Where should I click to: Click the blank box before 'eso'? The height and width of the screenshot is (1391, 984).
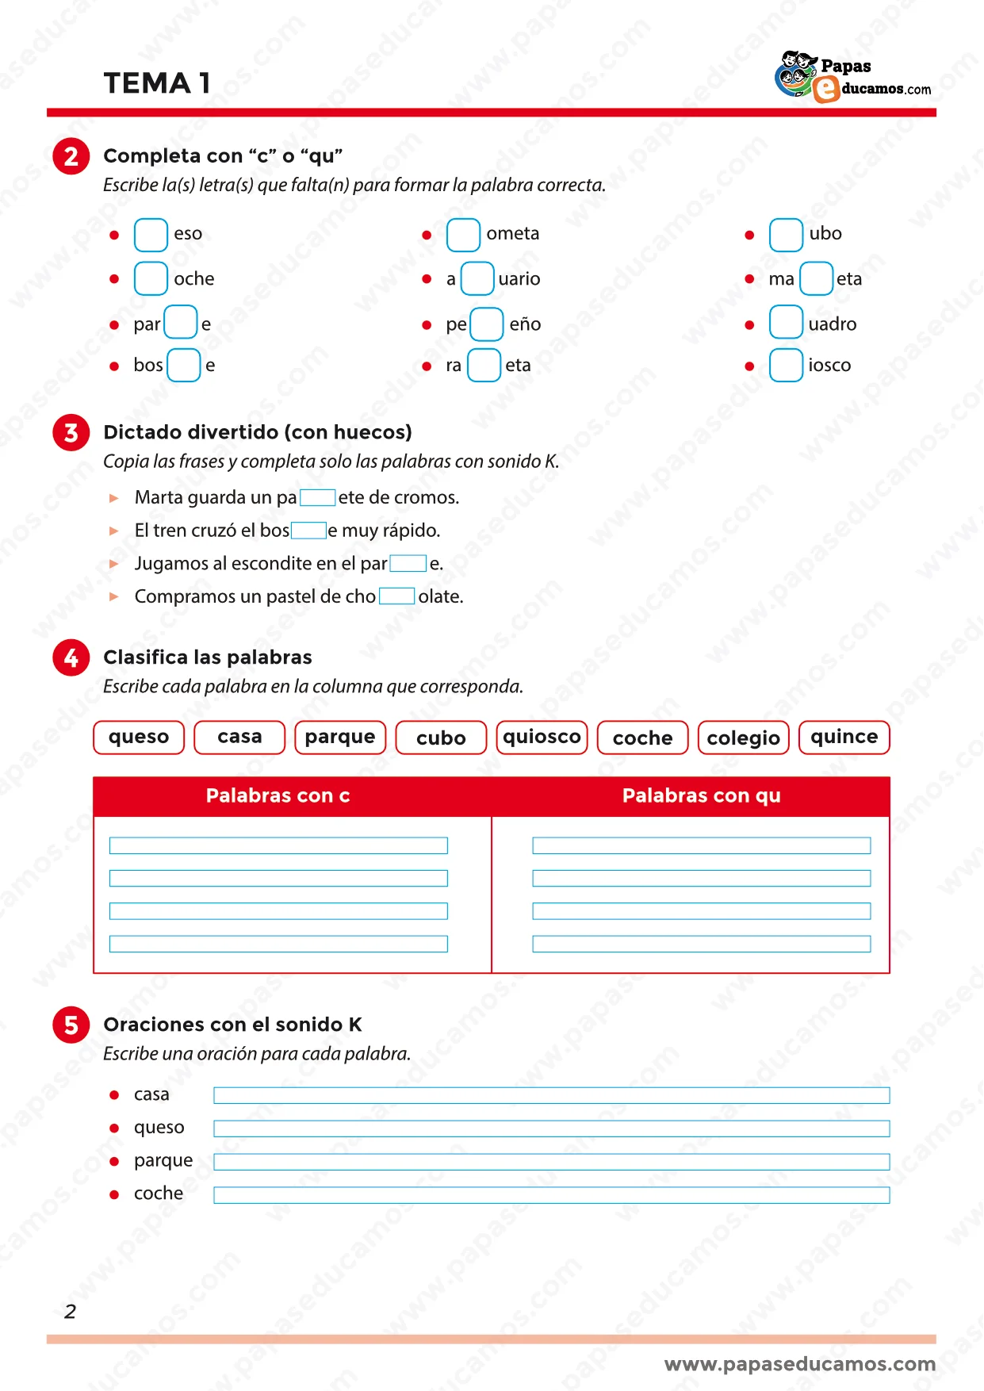point(151,235)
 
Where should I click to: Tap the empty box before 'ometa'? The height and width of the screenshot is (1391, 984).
point(463,235)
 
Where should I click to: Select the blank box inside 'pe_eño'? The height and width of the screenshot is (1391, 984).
point(486,324)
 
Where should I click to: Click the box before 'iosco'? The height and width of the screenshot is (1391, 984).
point(786,366)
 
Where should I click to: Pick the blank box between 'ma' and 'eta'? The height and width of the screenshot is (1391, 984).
point(816,279)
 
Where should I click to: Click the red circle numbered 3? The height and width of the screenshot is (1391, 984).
point(71,433)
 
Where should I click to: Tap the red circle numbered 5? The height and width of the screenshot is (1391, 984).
point(71,1025)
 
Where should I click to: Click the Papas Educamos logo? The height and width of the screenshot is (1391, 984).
point(852,78)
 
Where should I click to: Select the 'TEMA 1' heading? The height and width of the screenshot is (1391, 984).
point(157,83)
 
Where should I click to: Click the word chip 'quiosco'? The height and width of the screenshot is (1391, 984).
point(542,738)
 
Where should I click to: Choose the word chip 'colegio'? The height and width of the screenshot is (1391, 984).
point(743,738)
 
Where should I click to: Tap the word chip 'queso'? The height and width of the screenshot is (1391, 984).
point(139,738)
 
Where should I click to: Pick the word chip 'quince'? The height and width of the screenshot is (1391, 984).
point(844,738)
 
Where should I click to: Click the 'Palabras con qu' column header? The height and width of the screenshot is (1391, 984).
point(701,796)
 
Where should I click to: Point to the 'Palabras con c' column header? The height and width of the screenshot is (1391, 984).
point(278,796)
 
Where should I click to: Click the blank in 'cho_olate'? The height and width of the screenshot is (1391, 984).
point(396,596)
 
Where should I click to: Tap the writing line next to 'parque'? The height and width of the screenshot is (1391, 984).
point(551,1162)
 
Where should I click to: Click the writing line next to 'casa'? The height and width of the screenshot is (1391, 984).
point(551,1096)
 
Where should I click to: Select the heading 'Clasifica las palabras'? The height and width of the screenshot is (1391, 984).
point(208,657)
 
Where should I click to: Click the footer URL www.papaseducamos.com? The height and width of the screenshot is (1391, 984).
point(799,1364)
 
